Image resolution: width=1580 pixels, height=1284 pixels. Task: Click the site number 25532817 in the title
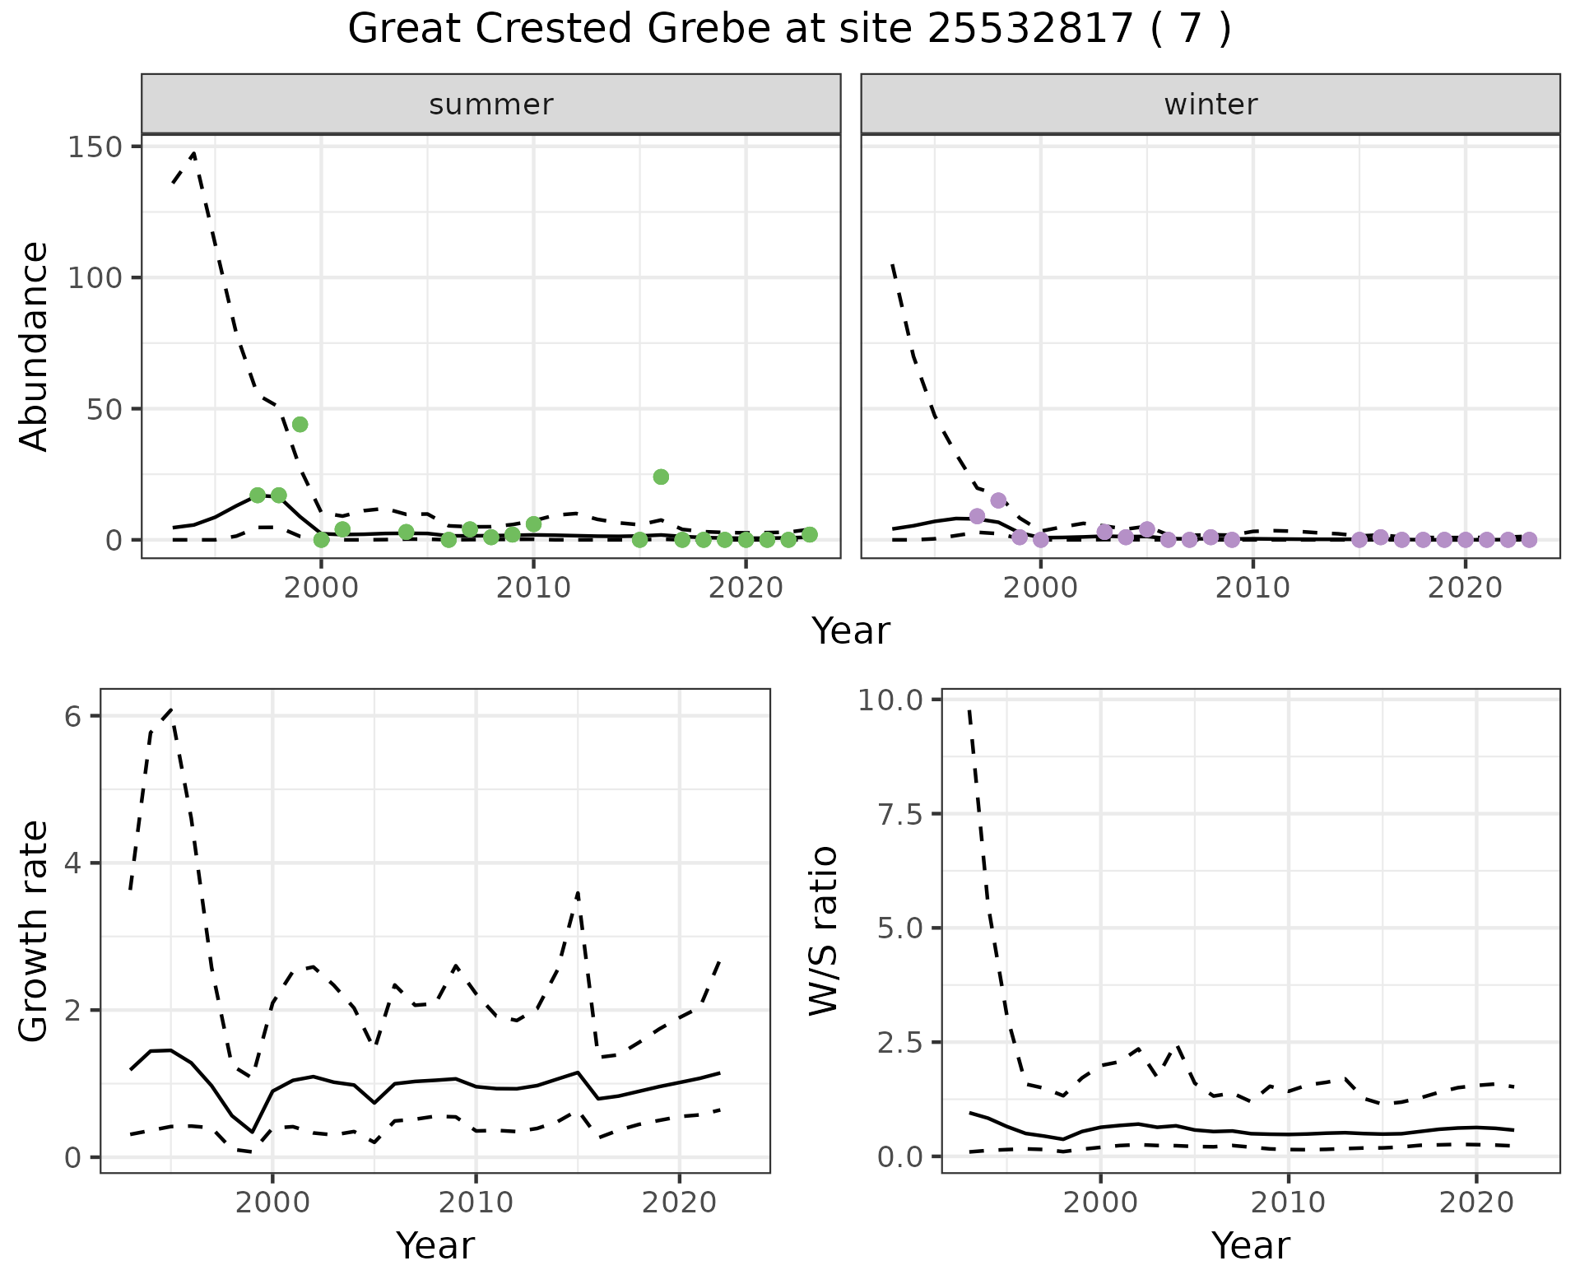point(1030,30)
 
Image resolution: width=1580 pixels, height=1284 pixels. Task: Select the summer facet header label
point(491,105)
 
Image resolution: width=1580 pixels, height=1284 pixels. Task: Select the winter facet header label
point(1211,105)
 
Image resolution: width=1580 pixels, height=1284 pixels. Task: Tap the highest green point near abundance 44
point(300,424)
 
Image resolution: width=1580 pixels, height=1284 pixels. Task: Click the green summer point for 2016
point(661,477)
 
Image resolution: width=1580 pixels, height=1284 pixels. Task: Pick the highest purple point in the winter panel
point(998,500)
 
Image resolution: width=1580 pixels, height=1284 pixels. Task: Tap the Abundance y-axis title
point(35,346)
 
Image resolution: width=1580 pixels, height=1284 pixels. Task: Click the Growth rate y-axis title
point(35,931)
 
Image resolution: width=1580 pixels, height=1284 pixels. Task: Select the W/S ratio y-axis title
point(824,931)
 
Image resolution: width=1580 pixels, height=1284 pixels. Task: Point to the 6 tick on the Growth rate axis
point(73,716)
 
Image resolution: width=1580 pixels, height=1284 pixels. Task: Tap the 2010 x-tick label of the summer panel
point(533,588)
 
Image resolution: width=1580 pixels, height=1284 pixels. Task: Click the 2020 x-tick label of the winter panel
point(1465,588)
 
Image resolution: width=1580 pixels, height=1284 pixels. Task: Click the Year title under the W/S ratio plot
point(1250,1245)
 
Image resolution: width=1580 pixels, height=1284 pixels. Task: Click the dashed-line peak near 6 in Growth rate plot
point(170,709)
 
